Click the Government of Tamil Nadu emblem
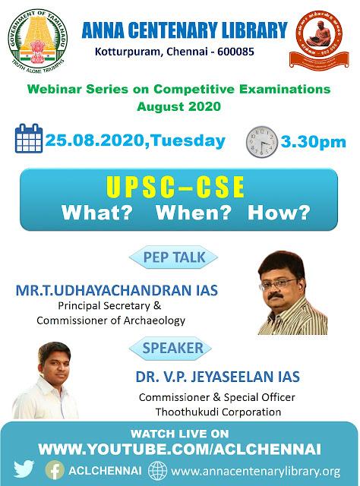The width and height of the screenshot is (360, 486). click(x=37, y=39)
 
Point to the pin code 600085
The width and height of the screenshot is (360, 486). click(x=235, y=52)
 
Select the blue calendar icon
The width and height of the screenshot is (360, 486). click(x=29, y=138)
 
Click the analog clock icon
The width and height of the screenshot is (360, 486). click(x=262, y=142)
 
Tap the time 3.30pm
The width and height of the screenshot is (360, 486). click(x=313, y=142)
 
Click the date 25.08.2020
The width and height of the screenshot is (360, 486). click(x=95, y=140)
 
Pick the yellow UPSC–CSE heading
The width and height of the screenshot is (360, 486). click(x=175, y=187)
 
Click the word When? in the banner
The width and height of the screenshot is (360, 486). click(x=194, y=213)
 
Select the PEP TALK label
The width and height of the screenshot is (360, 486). click(x=174, y=257)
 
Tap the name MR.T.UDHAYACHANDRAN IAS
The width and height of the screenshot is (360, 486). click(x=117, y=290)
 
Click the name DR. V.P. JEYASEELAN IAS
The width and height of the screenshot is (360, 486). click(x=218, y=377)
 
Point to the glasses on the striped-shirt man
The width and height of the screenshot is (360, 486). click(x=277, y=283)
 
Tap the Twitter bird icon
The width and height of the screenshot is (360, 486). click(x=24, y=469)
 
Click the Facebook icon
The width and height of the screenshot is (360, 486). click(x=55, y=470)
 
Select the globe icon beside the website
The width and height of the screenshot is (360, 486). click(x=157, y=471)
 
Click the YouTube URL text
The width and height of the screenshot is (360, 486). click(x=179, y=449)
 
